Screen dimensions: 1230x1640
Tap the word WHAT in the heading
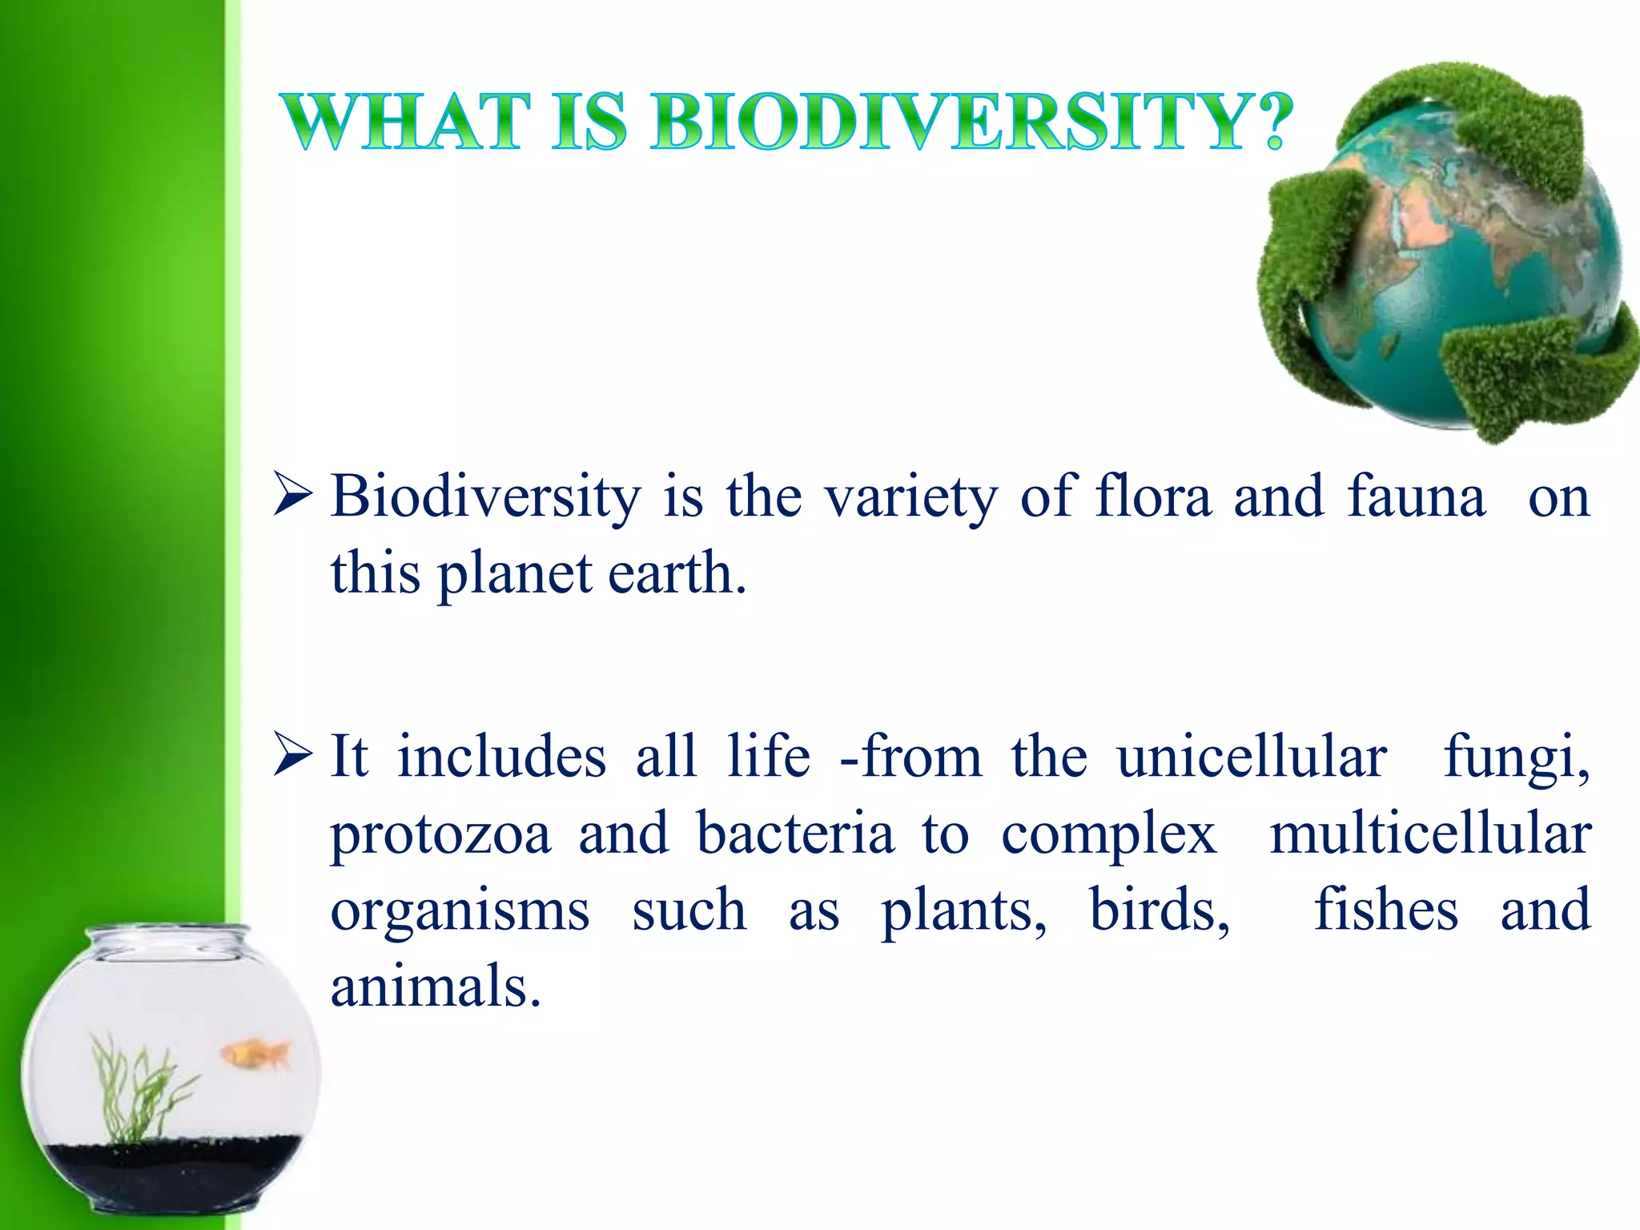coord(407,123)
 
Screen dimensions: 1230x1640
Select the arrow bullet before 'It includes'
coord(291,754)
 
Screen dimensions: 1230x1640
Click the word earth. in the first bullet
coord(677,573)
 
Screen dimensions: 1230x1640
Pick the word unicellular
coord(1252,756)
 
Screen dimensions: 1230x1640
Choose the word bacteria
coord(794,833)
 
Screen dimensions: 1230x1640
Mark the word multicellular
coord(1430,833)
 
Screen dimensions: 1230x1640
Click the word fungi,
coord(1516,758)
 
